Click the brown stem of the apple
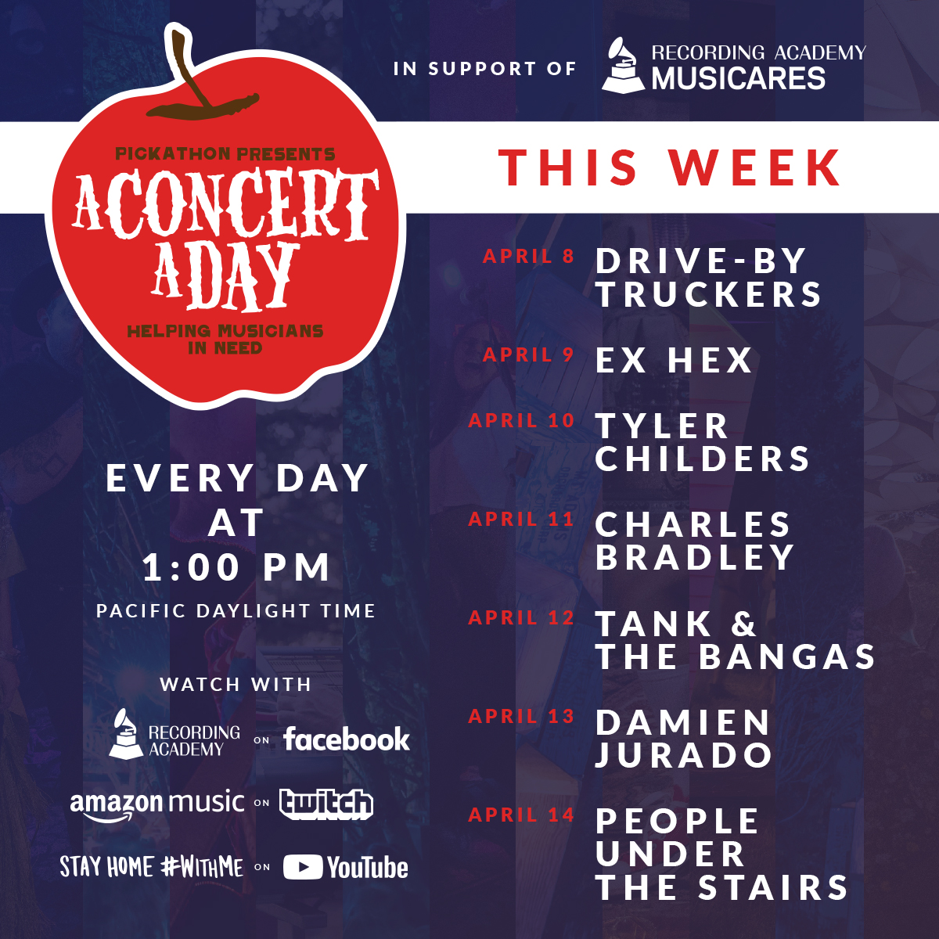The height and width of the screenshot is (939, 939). [x=191, y=73]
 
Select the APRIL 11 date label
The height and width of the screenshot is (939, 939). [x=521, y=520]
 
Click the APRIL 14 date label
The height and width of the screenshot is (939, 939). [x=521, y=815]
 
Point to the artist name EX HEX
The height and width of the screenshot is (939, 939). [x=674, y=361]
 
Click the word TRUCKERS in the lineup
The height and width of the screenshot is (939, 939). [x=709, y=294]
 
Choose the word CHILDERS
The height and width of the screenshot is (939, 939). [x=702, y=459]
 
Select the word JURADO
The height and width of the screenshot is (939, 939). [x=684, y=755]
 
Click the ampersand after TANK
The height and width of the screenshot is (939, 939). [x=743, y=624]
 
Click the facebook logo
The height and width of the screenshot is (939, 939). [x=347, y=739]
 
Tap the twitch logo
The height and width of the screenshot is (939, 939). [x=326, y=804]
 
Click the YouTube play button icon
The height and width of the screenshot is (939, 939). [x=303, y=867]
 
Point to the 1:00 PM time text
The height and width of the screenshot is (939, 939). [x=236, y=567]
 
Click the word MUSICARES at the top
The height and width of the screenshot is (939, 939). [x=738, y=78]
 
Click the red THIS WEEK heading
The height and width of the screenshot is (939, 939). [x=670, y=167]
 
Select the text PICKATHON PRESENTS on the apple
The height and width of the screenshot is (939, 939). [x=225, y=154]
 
